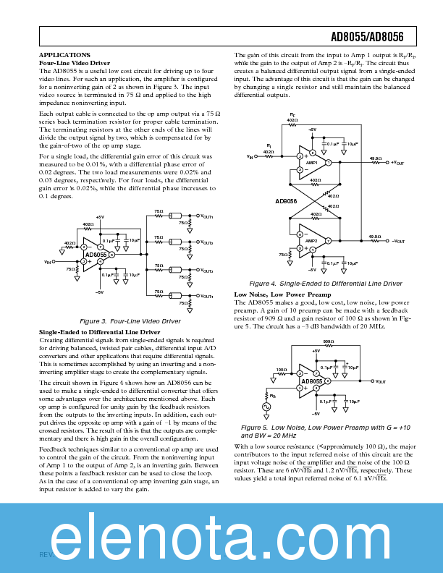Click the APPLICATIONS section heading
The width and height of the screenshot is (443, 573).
pos(64,55)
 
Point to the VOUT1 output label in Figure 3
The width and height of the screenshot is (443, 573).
pos(206,216)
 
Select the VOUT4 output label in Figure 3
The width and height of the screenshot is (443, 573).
pos(206,297)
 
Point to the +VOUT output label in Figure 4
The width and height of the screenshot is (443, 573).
pos(397,163)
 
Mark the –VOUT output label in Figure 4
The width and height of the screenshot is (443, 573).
pos(397,241)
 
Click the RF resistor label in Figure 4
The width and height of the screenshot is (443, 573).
pos(292,115)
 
